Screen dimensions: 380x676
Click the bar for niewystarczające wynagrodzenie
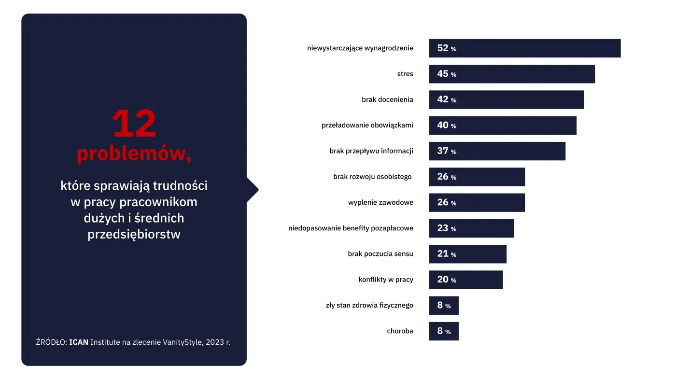525,48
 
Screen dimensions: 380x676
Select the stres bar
512,74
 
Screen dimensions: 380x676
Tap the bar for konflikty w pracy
466,280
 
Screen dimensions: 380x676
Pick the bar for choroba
444,331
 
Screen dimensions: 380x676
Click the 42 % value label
447,99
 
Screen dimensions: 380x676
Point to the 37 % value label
447,151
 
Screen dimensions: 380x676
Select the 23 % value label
447,228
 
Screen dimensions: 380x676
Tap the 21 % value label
447,254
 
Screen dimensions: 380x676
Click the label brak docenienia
387,99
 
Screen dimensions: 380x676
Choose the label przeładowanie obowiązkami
367,125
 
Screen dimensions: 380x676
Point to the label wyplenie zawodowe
380,202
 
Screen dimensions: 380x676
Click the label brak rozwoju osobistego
372,177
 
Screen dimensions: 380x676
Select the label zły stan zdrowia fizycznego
369,305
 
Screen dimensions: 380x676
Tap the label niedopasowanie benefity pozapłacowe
351,228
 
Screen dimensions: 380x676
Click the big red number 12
134,124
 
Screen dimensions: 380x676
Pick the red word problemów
133,154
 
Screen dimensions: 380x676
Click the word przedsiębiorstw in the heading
134,235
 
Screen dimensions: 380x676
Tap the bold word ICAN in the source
79,342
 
